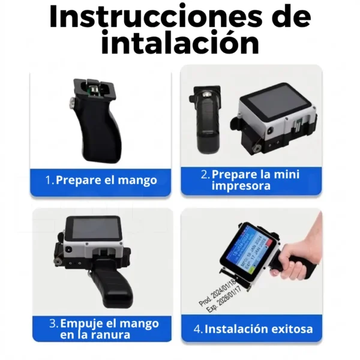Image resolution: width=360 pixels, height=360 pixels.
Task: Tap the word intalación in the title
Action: click(180, 43)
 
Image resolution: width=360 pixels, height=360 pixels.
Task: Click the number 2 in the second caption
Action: click(205, 175)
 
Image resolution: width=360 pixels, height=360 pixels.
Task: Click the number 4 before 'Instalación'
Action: click(197, 329)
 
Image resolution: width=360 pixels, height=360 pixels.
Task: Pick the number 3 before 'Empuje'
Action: click(53, 323)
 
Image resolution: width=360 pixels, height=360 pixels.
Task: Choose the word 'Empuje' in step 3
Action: click(83, 323)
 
